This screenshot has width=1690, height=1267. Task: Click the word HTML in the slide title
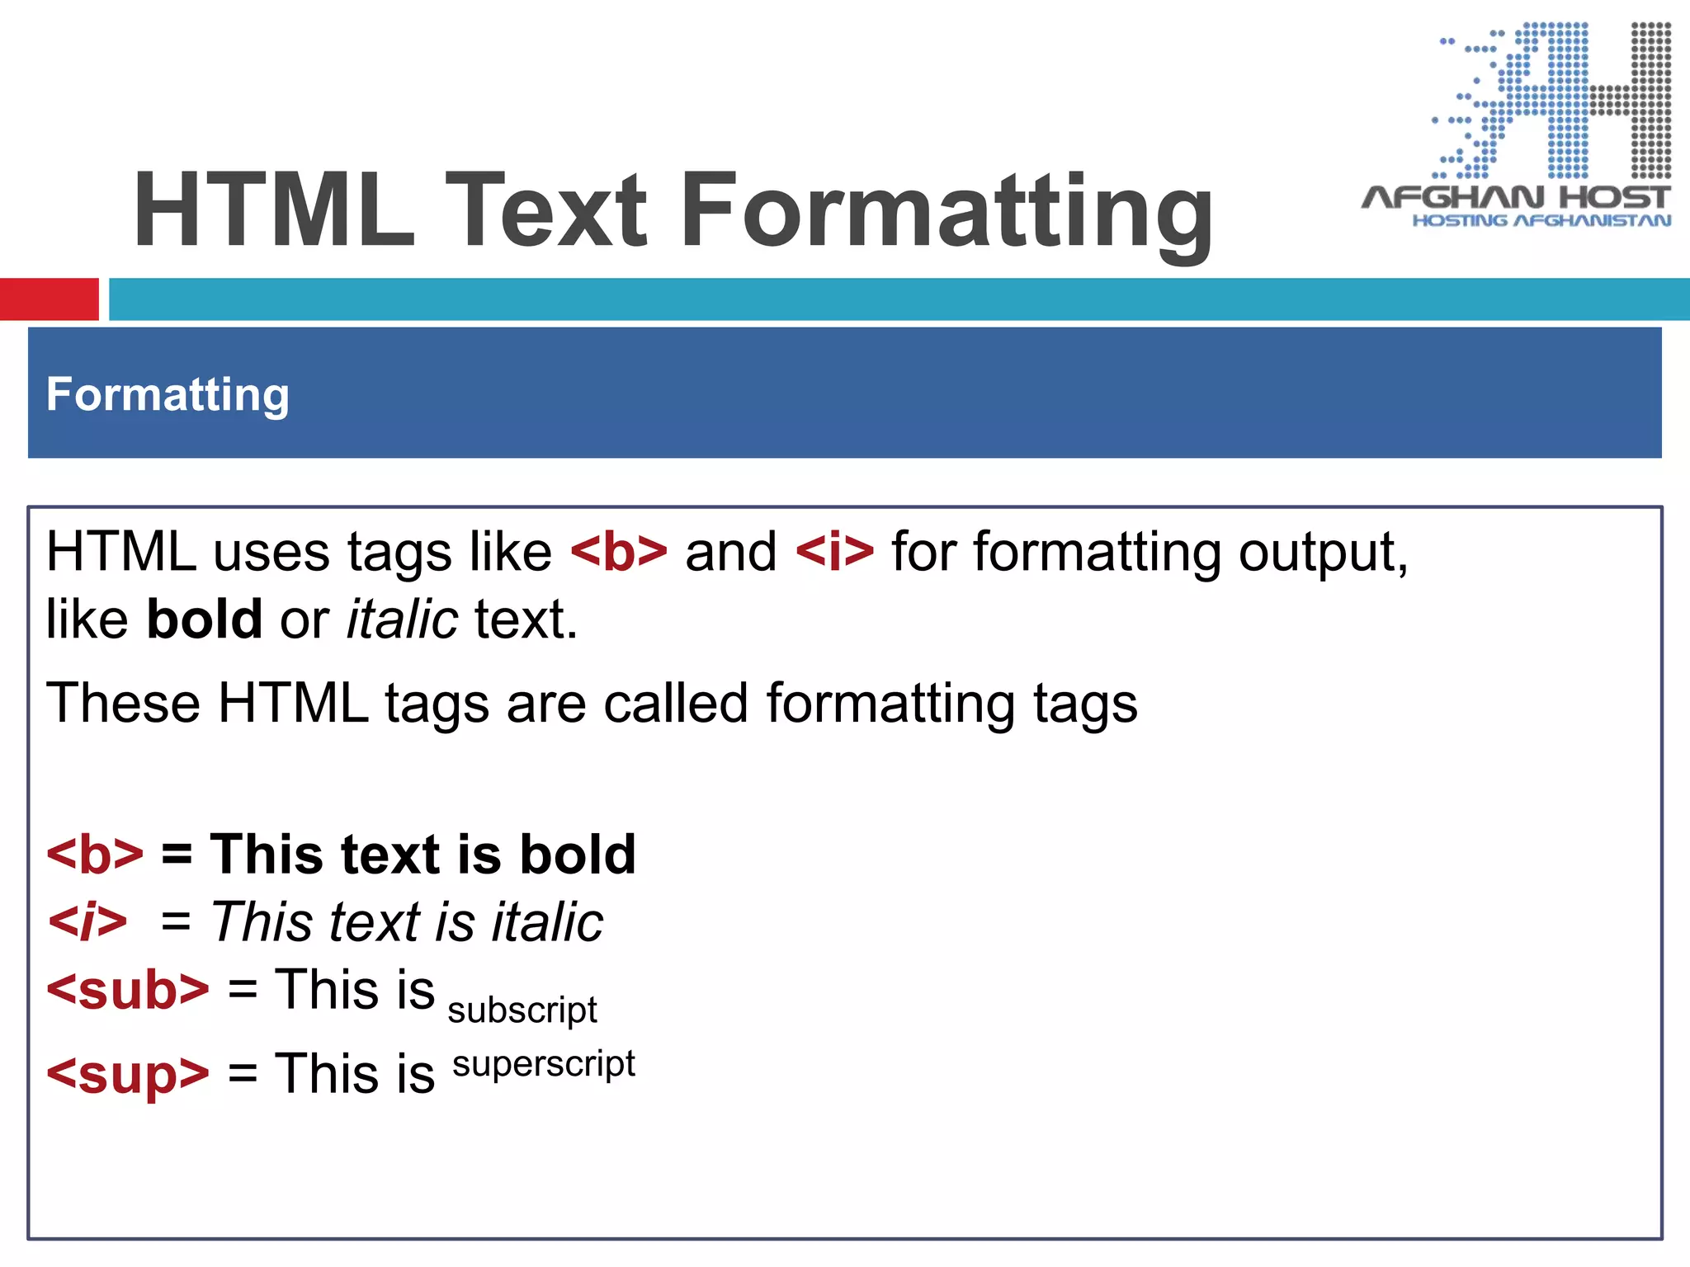point(273,210)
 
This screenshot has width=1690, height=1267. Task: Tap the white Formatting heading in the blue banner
point(168,394)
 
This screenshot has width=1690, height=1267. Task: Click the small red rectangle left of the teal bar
point(49,299)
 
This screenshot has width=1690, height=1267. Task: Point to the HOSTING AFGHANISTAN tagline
point(1541,220)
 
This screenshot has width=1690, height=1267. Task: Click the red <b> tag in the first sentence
point(619,552)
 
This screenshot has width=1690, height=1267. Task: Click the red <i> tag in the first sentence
point(834,552)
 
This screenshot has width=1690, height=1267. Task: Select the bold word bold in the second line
point(204,619)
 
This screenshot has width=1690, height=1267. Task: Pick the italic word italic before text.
point(402,619)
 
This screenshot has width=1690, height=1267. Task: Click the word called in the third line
point(675,704)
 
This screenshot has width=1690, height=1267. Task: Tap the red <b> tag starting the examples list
point(95,855)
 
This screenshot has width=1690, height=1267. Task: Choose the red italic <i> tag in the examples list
point(88,922)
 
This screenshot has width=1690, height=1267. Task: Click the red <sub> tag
point(128,990)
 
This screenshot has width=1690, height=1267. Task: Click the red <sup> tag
point(128,1074)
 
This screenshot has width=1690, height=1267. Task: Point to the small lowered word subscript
point(522,1010)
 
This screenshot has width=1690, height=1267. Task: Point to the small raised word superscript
point(544,1064)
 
